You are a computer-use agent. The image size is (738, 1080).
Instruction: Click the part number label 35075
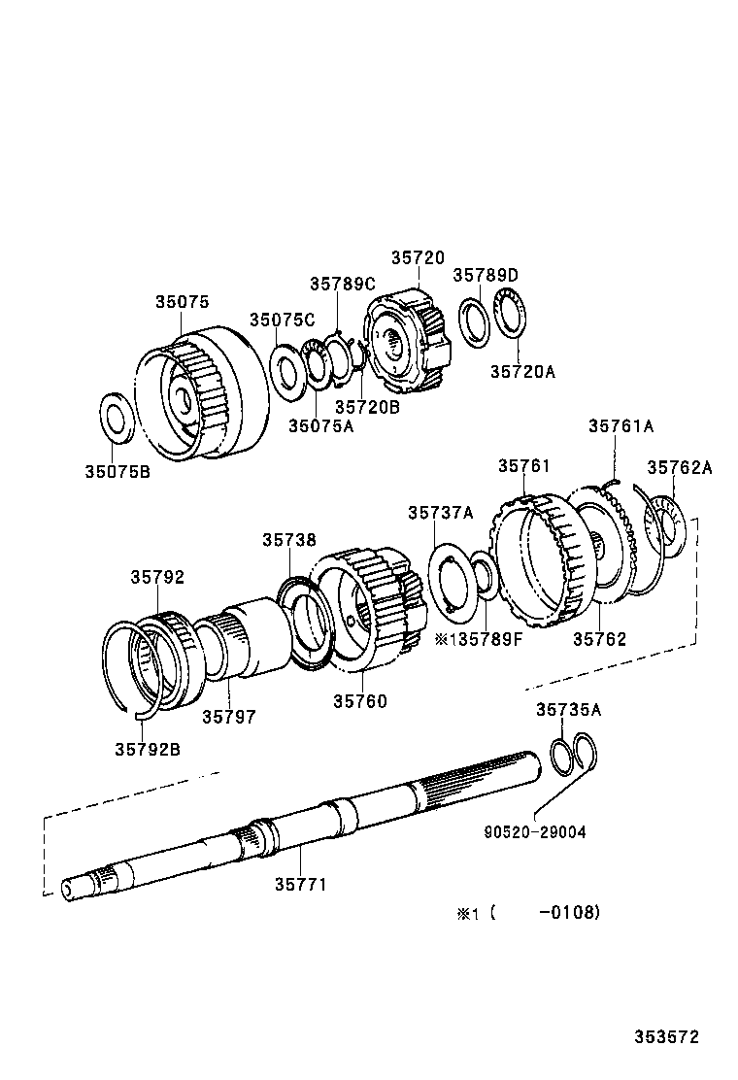182,302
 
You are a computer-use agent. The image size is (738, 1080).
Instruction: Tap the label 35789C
342,284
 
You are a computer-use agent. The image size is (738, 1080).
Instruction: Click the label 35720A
521,370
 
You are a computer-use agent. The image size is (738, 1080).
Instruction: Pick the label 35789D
486,275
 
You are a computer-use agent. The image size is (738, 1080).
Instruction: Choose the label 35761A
621,425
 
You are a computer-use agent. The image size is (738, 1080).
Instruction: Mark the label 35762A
680,467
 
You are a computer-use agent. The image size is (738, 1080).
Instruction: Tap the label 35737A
440,512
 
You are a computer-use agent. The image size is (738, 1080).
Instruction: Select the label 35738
287,540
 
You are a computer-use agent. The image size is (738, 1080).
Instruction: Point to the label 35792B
147,749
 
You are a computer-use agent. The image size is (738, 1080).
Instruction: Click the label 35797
228,717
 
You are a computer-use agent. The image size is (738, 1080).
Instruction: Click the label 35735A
568,710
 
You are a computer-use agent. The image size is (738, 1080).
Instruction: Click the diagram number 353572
667,1038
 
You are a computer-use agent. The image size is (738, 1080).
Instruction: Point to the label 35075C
282,321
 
